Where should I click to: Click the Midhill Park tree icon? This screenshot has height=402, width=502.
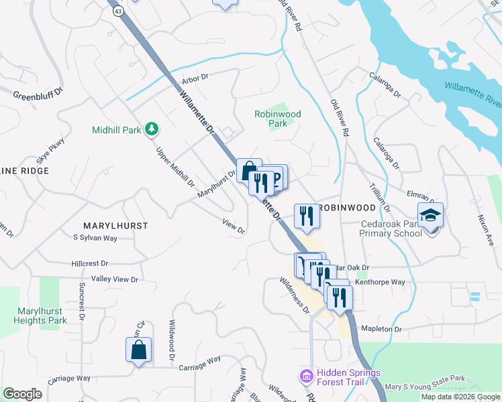tap(152, 129)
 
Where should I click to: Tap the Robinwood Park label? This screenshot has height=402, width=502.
tap(277, 119)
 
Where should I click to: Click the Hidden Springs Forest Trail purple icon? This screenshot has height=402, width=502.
tap(306, 377)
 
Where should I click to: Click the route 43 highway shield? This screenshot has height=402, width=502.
tap(118, 11)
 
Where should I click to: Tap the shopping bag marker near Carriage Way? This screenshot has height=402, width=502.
tap(138, 350)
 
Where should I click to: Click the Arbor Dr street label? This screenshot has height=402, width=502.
tap(195, 79)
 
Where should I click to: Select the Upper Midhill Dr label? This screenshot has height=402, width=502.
tap(175, 167)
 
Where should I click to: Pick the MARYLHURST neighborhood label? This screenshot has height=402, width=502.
tap(115, 226)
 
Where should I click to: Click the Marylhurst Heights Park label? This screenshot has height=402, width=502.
tap(40, 316)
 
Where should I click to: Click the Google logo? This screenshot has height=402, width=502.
tap(22, 395)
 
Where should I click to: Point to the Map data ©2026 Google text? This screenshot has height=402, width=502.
tap(460, 397)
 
